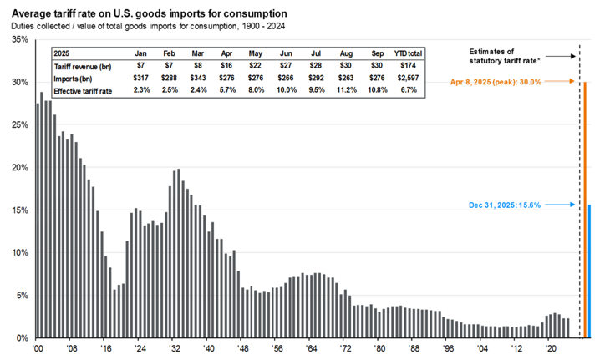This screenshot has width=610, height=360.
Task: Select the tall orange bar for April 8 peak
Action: click(x=585, y=209)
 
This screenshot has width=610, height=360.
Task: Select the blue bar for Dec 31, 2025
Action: click(x=591, y=271)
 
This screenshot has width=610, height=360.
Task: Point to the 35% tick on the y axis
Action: click(x=16, y=40)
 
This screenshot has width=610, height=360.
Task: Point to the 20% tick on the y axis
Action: click(x=16, y=167)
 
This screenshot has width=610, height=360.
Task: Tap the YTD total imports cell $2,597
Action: click(x=411, y=77)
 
